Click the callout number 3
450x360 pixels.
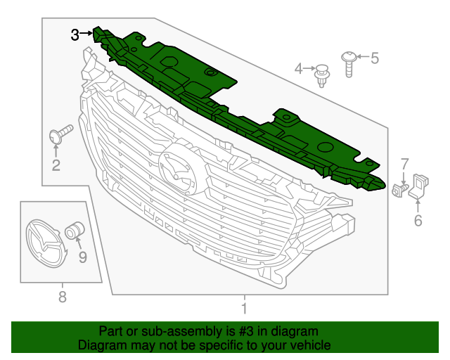pyautogui.click(x=75, y=34)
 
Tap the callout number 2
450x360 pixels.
pyautogui.click(x=56, y=166)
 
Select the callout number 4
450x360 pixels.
pyautogui.click(x=299, y=68)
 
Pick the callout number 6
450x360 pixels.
pyautogui.click(x=418, y=221)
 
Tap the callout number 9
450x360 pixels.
pyautogui.click(x=82, y=257)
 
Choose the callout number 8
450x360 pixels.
pyautogui.click(x=62, y=297)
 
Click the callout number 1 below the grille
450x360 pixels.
pyautogui.click(x=244, y=308)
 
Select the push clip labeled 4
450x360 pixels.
pyautogui.click(x=323, y=74)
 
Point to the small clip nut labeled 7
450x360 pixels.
pyautogui.click(x=399, y=190)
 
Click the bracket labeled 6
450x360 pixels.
pyautogui.click(x=418, y=186)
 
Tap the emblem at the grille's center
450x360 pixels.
pyautogui.click(x=176, y=172)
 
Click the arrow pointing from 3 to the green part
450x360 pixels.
pyautogui.click(x=86, y=33)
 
